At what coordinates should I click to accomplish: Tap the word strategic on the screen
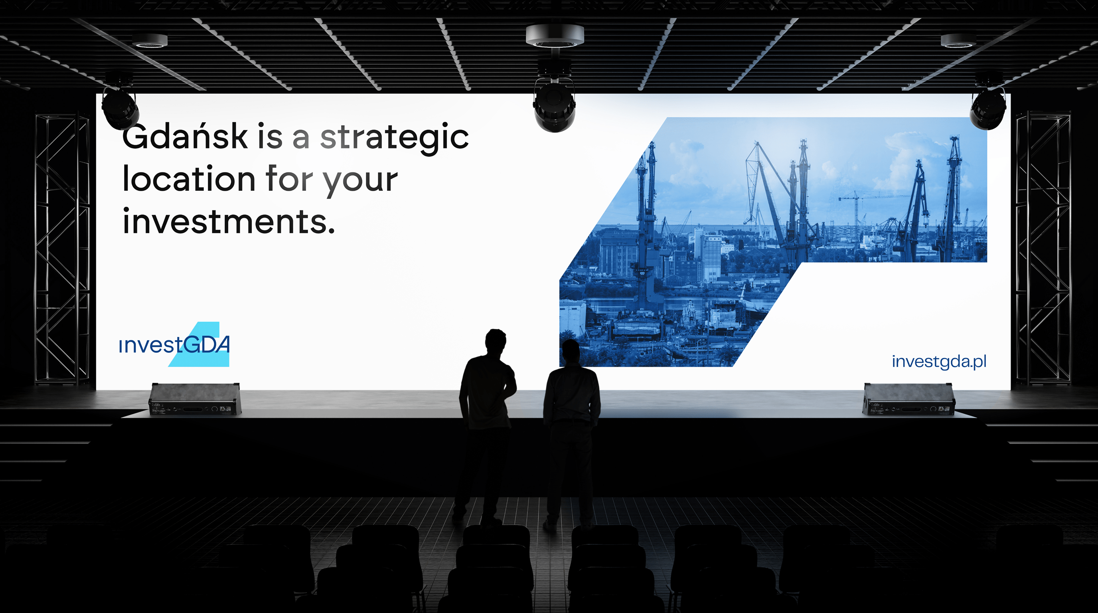pos(394,138)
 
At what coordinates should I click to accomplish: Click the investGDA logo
pos(175,344)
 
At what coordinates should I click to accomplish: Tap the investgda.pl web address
pos(939,362)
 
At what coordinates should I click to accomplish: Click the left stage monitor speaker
pos(195,399)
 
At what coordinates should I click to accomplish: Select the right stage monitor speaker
pos(909,399)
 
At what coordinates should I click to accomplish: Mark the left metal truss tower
pos(62,247)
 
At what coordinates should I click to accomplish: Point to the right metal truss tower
pos(1043,247)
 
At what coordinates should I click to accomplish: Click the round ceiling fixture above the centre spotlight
pos(555,35)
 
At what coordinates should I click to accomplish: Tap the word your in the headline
pos(360,181)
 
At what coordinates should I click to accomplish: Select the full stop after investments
pos(331,231)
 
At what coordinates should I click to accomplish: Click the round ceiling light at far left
pos(150,40)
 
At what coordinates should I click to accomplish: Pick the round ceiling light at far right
pos(958,40)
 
